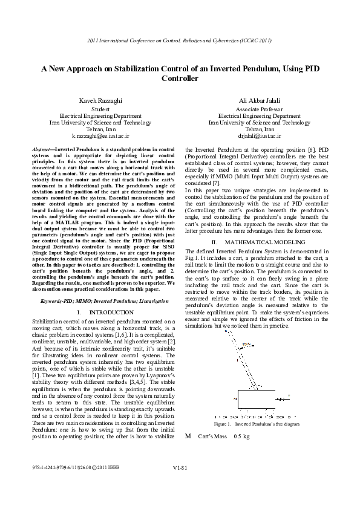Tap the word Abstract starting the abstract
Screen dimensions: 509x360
(41, 149)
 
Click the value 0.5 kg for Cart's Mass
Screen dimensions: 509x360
(224, 436)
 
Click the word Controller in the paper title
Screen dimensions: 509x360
(180, 79)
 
